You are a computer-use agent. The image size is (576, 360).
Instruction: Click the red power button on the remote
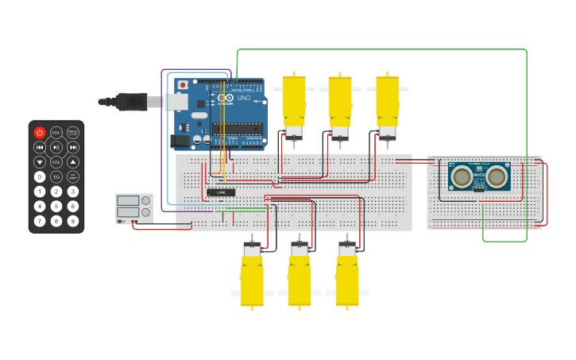40,133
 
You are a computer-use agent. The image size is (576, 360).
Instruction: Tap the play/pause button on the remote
56,147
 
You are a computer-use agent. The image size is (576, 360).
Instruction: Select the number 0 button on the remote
40,176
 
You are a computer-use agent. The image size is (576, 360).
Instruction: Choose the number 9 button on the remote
73,220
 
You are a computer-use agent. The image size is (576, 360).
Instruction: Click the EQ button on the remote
56,176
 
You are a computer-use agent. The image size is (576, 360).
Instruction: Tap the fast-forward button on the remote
73,147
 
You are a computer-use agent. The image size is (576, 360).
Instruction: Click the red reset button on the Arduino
183,84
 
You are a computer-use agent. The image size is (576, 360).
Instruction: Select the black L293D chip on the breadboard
221,192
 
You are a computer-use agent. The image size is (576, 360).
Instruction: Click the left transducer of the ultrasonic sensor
460,175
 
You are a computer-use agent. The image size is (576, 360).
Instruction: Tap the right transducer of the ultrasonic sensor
497,175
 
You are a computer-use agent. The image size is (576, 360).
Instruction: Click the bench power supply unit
134,208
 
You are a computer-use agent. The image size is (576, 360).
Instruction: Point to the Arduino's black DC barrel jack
181,141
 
